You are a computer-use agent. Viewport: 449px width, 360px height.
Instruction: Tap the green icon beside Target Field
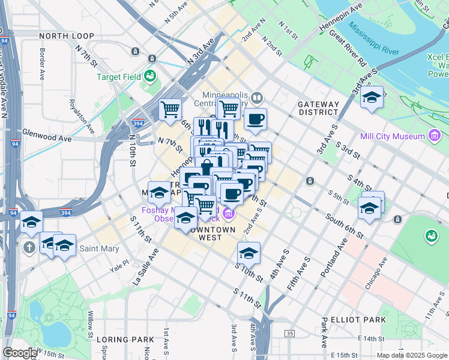click(x=149, y=76)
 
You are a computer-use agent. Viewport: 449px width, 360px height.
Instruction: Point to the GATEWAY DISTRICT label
click(x=318, y=108)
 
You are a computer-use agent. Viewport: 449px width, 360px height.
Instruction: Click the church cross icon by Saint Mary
click(x=28, y=247)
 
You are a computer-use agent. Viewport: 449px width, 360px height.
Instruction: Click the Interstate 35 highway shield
click(x=291, y=333)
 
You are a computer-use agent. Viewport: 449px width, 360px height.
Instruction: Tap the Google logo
click(x=19, y=353)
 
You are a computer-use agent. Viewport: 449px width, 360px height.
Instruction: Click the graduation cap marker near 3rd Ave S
click(x=372, y=97)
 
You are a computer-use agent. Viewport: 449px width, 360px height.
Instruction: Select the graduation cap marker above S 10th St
click(x=249, y=253)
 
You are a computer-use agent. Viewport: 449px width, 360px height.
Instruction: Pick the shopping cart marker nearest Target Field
click(x=170, y=110)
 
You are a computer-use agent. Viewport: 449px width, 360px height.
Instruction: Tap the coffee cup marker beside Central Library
click(x=256, y=119)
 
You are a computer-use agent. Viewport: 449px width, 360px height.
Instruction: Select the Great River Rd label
click(x=348, y=52)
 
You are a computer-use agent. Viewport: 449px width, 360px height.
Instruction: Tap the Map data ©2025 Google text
click(x=412, y=355)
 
